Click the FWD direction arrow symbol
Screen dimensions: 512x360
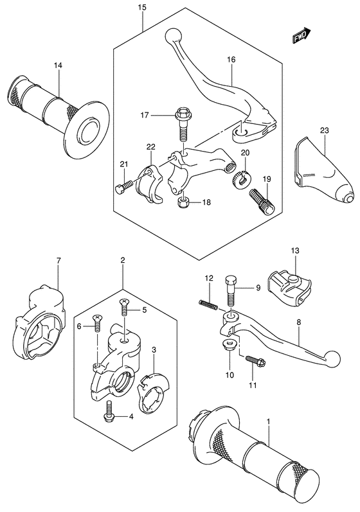point(302,36)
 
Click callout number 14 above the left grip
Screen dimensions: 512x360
point(58,66)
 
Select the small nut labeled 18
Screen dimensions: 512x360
point(182,204)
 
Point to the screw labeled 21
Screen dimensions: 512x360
point(125,186)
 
